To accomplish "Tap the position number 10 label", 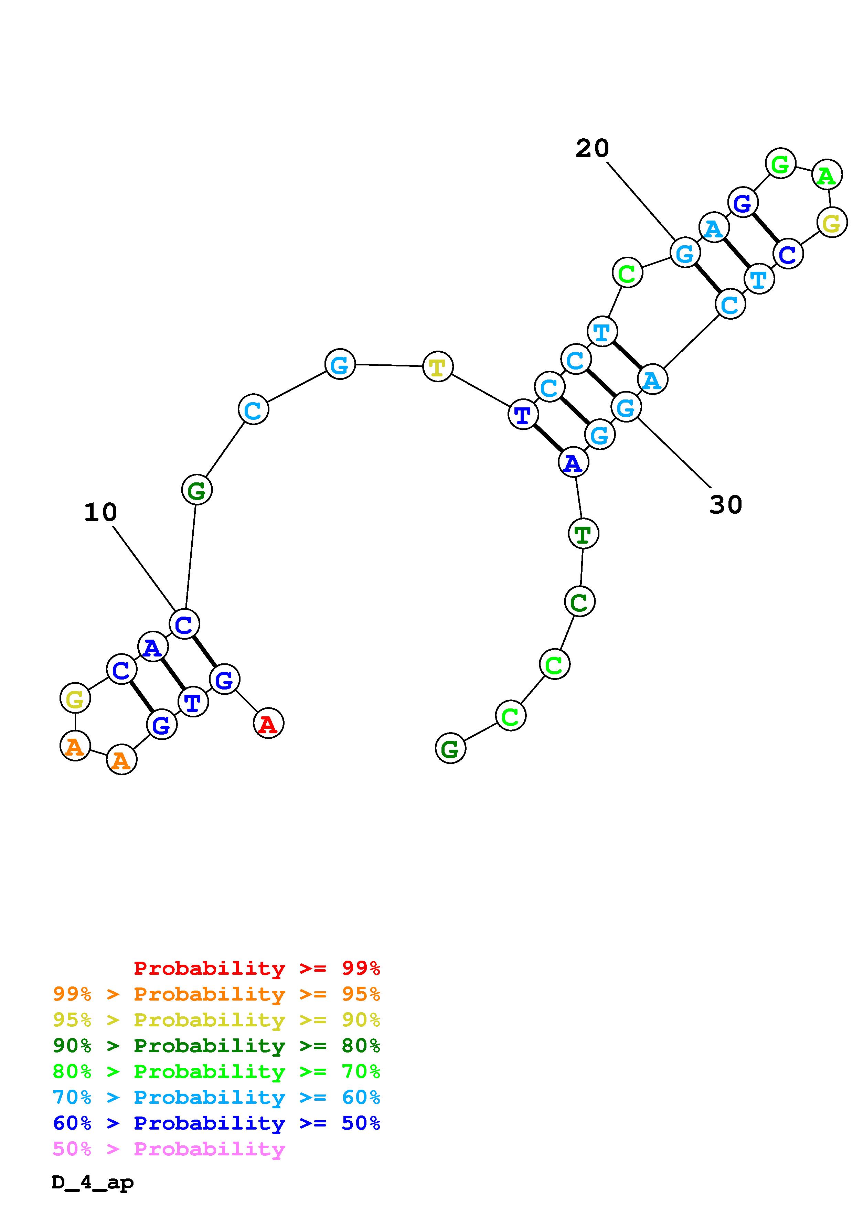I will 100,512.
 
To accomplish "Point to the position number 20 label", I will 592,148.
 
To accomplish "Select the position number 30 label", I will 725,505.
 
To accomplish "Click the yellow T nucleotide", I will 437,366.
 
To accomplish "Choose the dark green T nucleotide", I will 583,534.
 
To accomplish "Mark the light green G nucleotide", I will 780,163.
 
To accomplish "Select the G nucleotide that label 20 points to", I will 685,253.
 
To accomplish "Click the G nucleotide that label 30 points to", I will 626,407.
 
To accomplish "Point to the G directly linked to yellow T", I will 340,364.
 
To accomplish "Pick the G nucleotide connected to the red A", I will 224,679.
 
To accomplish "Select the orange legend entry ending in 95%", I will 216,994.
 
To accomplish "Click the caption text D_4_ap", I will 93,1182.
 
